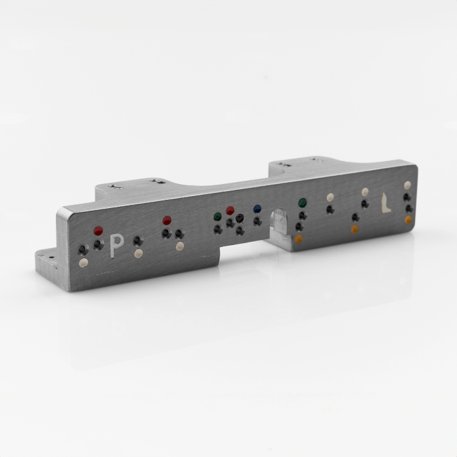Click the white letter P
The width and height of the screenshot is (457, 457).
(116, 245)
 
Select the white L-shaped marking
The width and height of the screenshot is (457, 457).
(385, 202)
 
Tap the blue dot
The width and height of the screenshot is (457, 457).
(257, 208)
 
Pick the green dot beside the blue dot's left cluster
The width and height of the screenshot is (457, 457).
(218, 216)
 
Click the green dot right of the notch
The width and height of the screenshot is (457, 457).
(302, 203)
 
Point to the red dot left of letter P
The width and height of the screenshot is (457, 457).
(98, 230)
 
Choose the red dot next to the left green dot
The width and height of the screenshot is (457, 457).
(230, 210)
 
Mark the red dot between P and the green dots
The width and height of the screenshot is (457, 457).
(167, 220)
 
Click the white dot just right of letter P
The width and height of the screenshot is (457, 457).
(138, 253)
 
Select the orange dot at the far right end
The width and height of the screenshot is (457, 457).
(408, 220)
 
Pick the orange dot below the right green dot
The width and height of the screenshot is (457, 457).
(298, 239)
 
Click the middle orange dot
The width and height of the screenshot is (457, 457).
(354, 228)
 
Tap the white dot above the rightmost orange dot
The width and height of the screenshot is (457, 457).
(407, 185)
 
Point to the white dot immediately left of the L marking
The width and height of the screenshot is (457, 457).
(365, 192)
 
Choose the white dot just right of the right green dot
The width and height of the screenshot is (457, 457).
(330, 197)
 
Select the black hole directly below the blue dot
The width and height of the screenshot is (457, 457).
(257, 221)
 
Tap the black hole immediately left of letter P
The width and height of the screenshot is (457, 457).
(98, 244)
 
